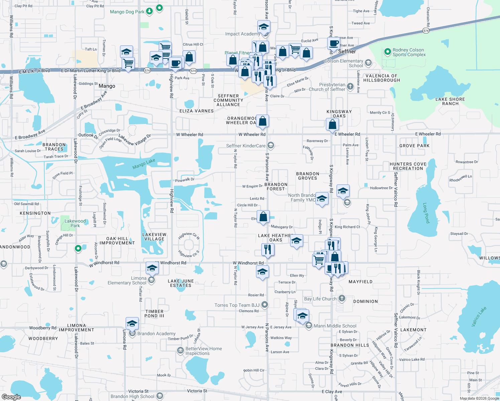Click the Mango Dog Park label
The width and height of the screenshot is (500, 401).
[x=127, y=12]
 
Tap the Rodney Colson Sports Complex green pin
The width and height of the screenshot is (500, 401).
[x=387, y=52]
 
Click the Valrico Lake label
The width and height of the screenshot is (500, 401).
[x=479, y=316]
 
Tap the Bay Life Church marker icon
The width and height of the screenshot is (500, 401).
[x=342, y=298]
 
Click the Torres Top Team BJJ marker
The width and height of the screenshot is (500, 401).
[x=265, y=304]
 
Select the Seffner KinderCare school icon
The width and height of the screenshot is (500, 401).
[x=271, y=145]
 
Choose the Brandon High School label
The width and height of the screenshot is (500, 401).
[x=132, y=396]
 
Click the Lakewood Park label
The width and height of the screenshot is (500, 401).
[x=75, y=223]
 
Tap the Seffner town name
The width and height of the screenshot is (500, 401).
[x=347, y=51]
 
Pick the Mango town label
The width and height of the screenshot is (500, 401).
[x=107, y=86]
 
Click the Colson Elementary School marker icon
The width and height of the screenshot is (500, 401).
[x=368, y=62]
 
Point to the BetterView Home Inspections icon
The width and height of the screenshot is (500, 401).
[x=180, y=350]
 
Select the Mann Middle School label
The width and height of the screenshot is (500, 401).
[x=335, y=326]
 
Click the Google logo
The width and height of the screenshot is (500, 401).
[x=11, y=397]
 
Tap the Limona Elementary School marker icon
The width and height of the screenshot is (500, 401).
[x=151, y=280]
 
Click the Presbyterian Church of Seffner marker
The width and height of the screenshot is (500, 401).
[x=350, y=86]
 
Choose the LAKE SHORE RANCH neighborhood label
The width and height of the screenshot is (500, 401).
[x=450, y=101]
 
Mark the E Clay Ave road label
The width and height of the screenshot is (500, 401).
[x=332, y=392]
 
